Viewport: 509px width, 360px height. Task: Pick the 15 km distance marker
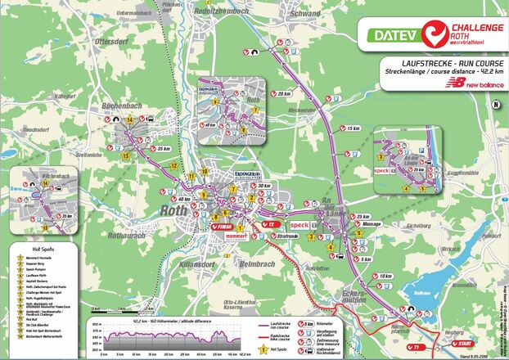[x=352, y=129]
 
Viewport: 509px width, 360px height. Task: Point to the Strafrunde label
[x=287, y=236]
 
